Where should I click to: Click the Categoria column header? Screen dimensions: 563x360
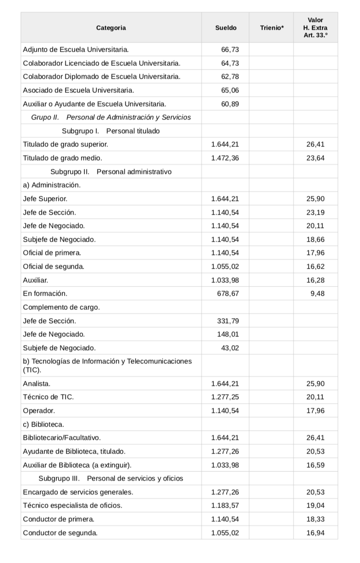[x=111, y=28]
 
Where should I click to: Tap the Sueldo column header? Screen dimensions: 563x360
[x=226, y=28]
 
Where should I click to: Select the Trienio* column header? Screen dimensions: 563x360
[x=272, y=28]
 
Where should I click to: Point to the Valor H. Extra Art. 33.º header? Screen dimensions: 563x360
[x=315, y=27]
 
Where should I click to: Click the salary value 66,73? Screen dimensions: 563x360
[x=230, y=49]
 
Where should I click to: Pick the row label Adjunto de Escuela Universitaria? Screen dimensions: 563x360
[x=76, y=49]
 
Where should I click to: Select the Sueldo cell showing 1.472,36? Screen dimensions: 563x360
[x=225, y=158]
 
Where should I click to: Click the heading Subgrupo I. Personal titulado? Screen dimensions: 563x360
[x=111, y=131]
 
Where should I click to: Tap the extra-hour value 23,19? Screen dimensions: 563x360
[x=315, y=212]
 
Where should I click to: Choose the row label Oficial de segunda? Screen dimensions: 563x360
[x=54, y=266]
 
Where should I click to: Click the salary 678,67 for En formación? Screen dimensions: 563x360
[x=228, y=293]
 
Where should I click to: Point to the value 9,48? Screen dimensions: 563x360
[x=317, y=293]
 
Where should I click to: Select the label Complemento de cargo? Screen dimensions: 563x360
[x=61, y=307]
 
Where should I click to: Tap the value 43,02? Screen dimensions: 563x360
[x=230, y=348]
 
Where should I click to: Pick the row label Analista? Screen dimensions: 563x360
[x=37, y=384]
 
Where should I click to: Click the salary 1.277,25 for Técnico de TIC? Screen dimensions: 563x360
[x=225, y=397]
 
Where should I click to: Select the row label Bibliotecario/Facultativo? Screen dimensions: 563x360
[x=62, y=438]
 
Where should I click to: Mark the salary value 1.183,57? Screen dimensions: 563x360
[x=225, y=506]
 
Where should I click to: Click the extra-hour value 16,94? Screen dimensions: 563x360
[x=315, y=533]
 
